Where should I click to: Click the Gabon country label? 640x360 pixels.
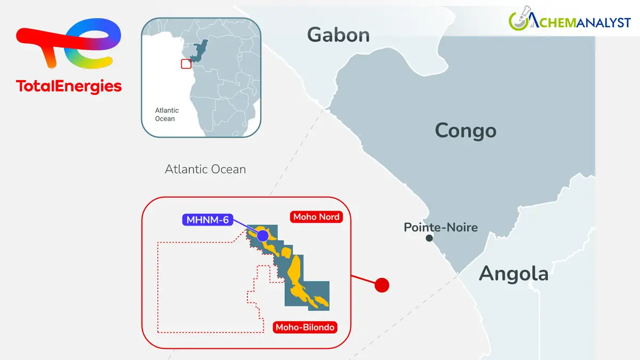[338, 35]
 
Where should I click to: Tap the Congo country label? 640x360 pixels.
[465, 131]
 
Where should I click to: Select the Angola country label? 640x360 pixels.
[513, 274]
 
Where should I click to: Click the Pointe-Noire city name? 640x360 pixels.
[441, 228]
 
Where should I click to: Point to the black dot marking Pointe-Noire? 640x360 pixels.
[429, 238]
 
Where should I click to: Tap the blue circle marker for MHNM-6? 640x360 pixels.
[262, 235]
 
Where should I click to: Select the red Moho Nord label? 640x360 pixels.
[316, 217]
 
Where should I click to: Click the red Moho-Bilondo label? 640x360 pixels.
[305, 327]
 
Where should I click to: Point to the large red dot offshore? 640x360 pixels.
[381, 285]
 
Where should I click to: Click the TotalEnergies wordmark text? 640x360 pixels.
[69, 86]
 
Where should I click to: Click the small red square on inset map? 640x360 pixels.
[186, 63]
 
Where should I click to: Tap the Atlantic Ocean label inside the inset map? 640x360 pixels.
[166, 114]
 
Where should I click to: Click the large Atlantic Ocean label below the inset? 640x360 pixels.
[205, 170]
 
